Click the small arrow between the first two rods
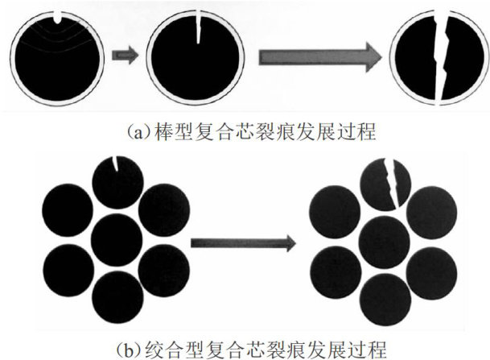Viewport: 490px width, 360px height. pyautogui.click(x=124, y=56)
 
